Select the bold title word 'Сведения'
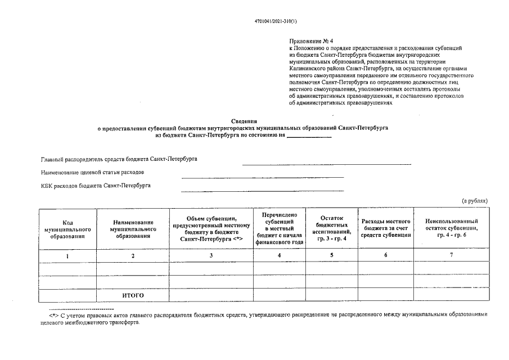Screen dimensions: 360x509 pyautogui.click(x=244, y=121)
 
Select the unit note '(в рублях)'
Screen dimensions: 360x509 pyautogui.click(x=474, y=200)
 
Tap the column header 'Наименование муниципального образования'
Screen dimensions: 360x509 pyautogui.click(x=133, y=229)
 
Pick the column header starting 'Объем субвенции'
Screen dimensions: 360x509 pyautogui.click(x=211, y=229)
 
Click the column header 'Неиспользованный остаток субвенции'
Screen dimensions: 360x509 pyautogui.click(x=452, y=228)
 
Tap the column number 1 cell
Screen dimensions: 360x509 pyautogui.click(x=67, y=256)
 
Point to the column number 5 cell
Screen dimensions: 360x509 pyautogui.click(x=331, y=255)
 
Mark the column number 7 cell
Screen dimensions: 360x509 pyautogui.click(x=452, y=255)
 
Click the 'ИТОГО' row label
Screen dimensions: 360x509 pyautogui.click(x=133, y=295)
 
